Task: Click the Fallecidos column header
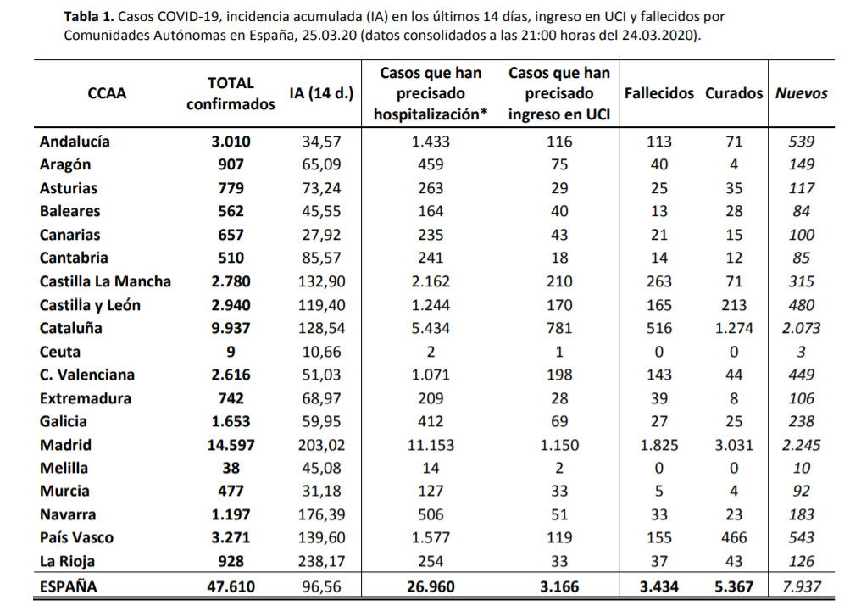click(658, 94)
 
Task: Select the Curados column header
click(733, 94)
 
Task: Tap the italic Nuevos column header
click(801, 94)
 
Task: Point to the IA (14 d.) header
click(321, 94)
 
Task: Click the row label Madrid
click(65, 445)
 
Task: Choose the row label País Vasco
click(76, 538)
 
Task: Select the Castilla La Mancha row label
click(105, 281)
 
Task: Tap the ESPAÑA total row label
click(69, 586)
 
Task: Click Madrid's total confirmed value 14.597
click(231, 445)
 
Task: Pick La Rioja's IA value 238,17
click(321, 561)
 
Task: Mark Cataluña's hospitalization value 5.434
click(431, 328)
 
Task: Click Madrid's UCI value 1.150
click(559, 445)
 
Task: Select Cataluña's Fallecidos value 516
click(658, 328)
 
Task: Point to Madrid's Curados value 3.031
click(733, 445)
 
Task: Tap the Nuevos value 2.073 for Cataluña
click(801, 328)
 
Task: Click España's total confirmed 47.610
click(231, 586)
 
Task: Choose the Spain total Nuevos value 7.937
click(801, 586)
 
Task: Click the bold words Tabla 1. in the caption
click(89, 16)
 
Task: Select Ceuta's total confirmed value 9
click(231, 352)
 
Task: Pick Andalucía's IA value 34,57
click(321, 142)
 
